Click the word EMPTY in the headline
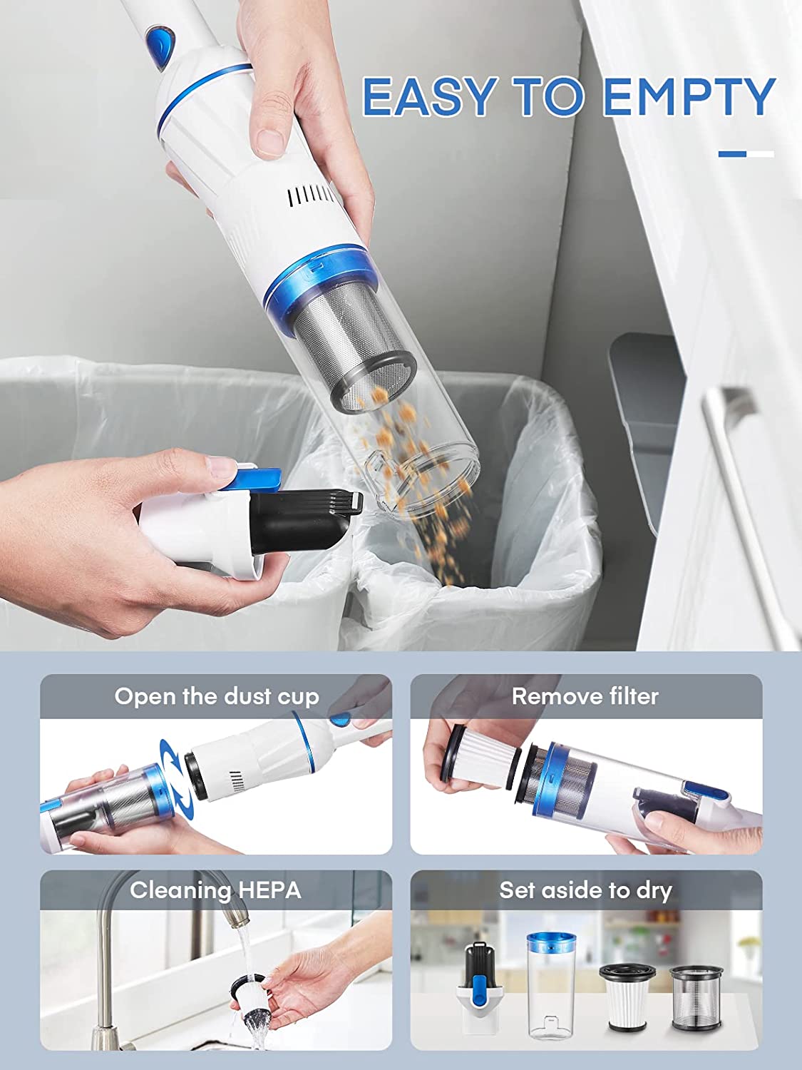click(x=689, y=96)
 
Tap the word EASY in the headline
click(x=428, y=96)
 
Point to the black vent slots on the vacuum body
click(x=310, y=196)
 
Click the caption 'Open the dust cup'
click(x=217, y=697)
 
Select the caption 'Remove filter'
click(x=585, y=696)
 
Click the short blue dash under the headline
click(x=732, y=155)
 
